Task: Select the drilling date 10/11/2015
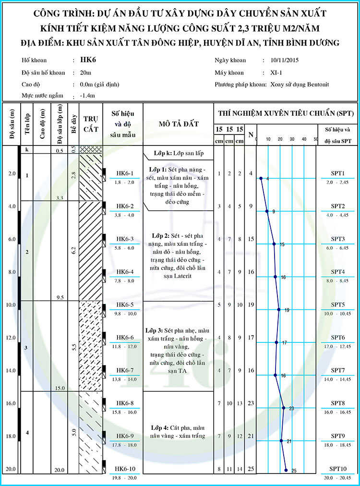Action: [x=285, y=61]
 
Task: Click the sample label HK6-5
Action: [x=125, y=305]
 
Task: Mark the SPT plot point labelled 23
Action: [x=284, y=408]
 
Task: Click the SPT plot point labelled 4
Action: [x=261, y=178]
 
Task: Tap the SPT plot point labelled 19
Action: [x=279, y=310]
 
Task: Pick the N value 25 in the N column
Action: [x=251, y=469]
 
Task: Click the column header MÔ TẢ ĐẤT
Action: [x=178, y=124]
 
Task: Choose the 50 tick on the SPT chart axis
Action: [x=315, y=139]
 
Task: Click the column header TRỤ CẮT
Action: [x=91, y=123]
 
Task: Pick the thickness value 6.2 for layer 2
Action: [x=73, y=251]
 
